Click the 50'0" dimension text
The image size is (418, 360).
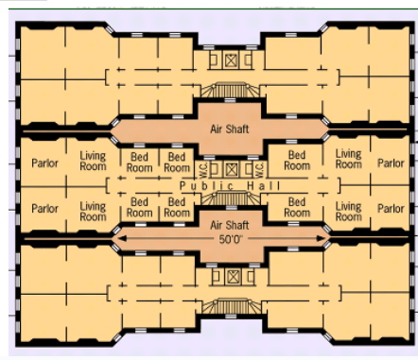coord(231,240)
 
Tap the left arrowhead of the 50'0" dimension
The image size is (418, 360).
coord(122,238)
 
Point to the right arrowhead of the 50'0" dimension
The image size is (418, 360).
coord(321,238)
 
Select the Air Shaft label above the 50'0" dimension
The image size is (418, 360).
coord(230,225)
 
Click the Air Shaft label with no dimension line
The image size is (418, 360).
coord(230,129)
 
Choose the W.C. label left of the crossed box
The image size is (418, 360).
coord(203,169)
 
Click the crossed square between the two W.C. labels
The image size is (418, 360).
coord(232,169)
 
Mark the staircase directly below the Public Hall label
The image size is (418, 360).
coord(231,197)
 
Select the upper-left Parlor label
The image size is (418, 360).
coord(44,163)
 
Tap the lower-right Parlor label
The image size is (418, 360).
coord(391,209)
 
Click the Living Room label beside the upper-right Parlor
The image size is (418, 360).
coord(348,159)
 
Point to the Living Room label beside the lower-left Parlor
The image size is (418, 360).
coord(93,212)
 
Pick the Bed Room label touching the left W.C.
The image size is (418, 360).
coord(177,163)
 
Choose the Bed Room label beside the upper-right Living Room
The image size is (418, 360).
coord(297,161)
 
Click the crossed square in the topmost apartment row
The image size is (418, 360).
coord(231,60)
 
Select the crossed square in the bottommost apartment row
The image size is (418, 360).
coord(233,277)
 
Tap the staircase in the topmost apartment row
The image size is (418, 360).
coord(230,90)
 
